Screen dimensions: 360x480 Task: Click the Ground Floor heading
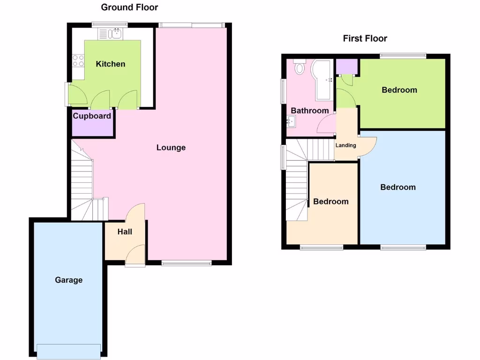pyautogui.click(x=129, y=7)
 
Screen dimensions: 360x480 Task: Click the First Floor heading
pyautogui.click(x=365, y=38)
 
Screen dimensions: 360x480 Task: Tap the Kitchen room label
pyautogui.click(x=111, y=64)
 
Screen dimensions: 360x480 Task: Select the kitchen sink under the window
pyautogui.click(x=110, y=34)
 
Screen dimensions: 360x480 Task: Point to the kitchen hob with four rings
pyautogui.click(x=78, y=60)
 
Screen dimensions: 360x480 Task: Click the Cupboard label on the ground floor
pyautogui.click(x=92, y=116)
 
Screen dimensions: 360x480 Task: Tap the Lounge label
pyautogui.click(x=171, y=148)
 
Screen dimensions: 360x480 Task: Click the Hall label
pyautogui.click(x=125, y=232)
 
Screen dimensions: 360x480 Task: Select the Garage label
pyautogui.click(x=68, y=280)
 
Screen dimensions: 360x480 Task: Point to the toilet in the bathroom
pyautogui.click(x=300, y=68)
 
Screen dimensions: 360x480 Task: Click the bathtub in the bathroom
pyautogui.click(x=323, y=80)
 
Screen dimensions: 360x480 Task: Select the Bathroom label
pyautogui.click(x=310, y=111)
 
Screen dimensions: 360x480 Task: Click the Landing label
pyautogui.click(x=345, y=145)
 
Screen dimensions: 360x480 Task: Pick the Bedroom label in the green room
pyautogui.click(x=399, y=90)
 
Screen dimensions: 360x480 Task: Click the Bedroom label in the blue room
pyautogui.click(x=398, y=187)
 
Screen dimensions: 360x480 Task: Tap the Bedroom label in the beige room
pyautogui.click(x=331, y=202)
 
